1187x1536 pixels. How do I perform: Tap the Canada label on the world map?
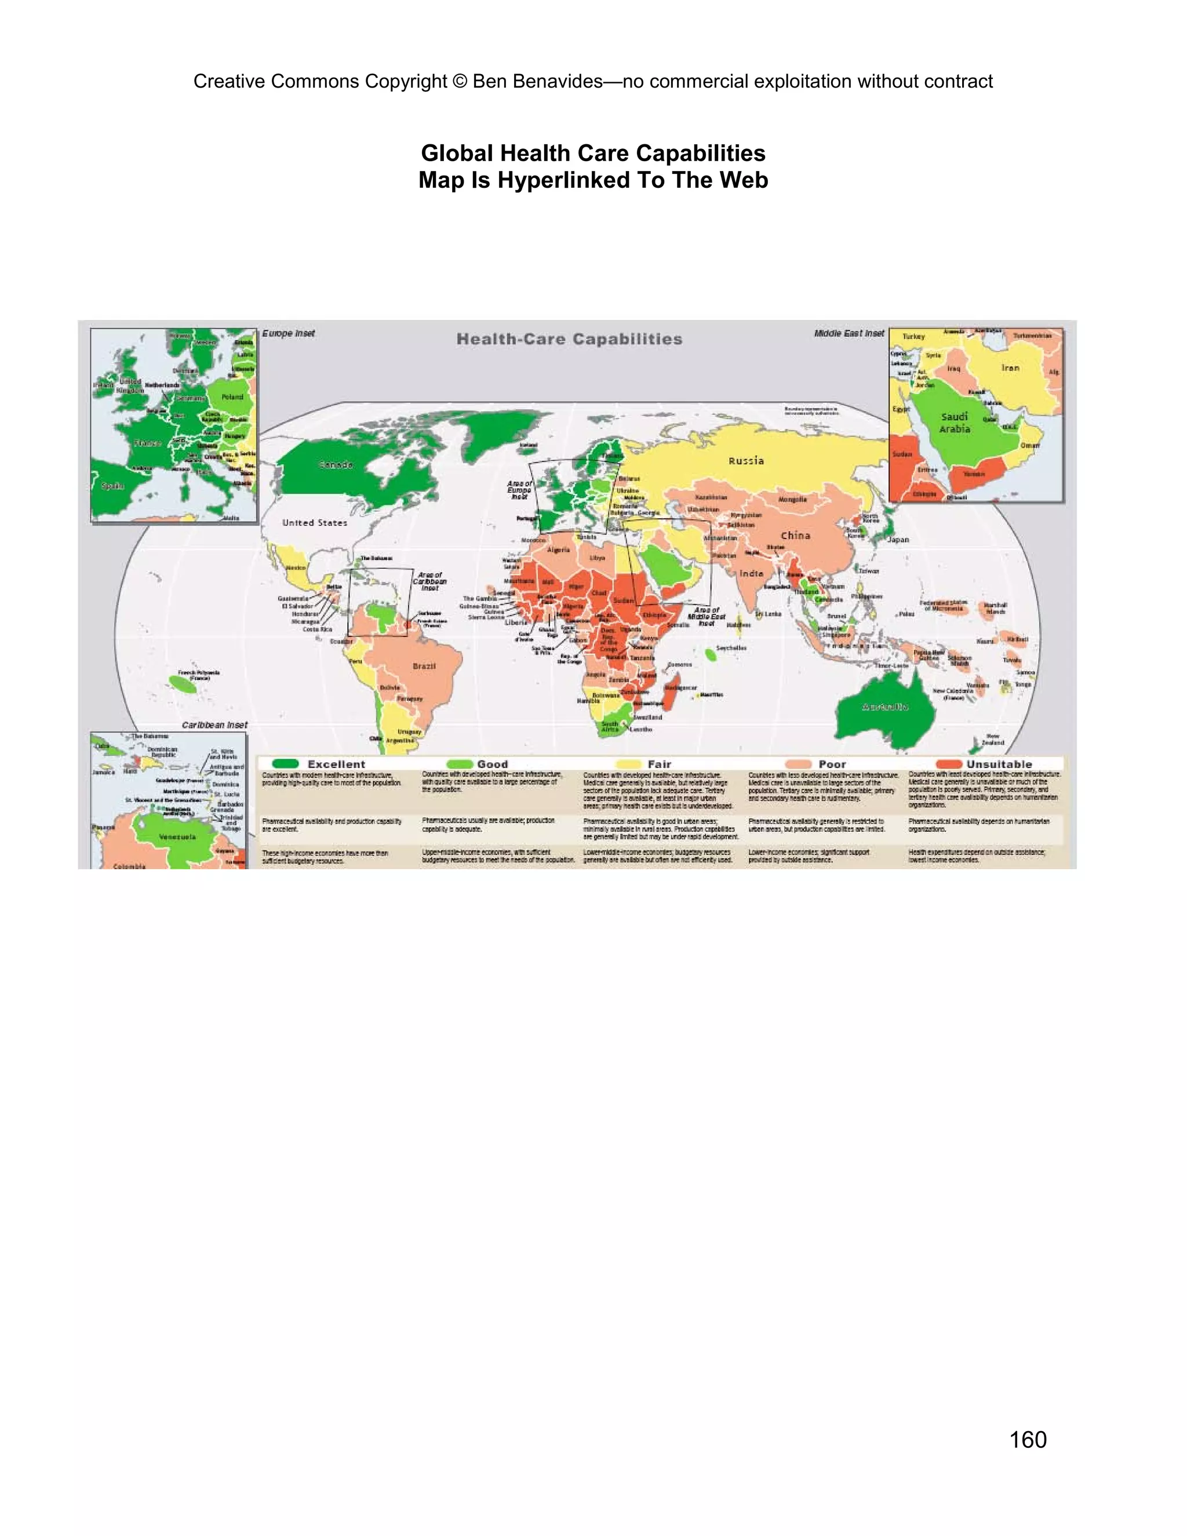click(x=336, y=465)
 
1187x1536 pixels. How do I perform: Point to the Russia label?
click(x=746, y=461)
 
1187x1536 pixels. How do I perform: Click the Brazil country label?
click(x=424, y=666)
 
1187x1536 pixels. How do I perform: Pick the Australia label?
click(x=884, y=706)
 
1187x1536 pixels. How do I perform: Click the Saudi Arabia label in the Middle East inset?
click(x=954, y=423)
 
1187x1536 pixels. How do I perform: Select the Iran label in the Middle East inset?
click(x=1010, y=368)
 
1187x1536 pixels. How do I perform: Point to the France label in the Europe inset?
click(x=148, y=443)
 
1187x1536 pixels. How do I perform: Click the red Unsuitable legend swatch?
click(x=949, y=764)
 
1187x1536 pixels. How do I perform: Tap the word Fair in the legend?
click(x=659, y=765)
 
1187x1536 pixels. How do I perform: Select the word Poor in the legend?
click(x=832, y=765)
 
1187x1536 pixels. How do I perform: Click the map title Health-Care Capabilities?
click(x=569, y=339)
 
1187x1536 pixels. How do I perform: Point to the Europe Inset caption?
click(x=288, y=333)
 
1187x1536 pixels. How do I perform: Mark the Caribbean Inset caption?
click(x=214, y=725)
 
